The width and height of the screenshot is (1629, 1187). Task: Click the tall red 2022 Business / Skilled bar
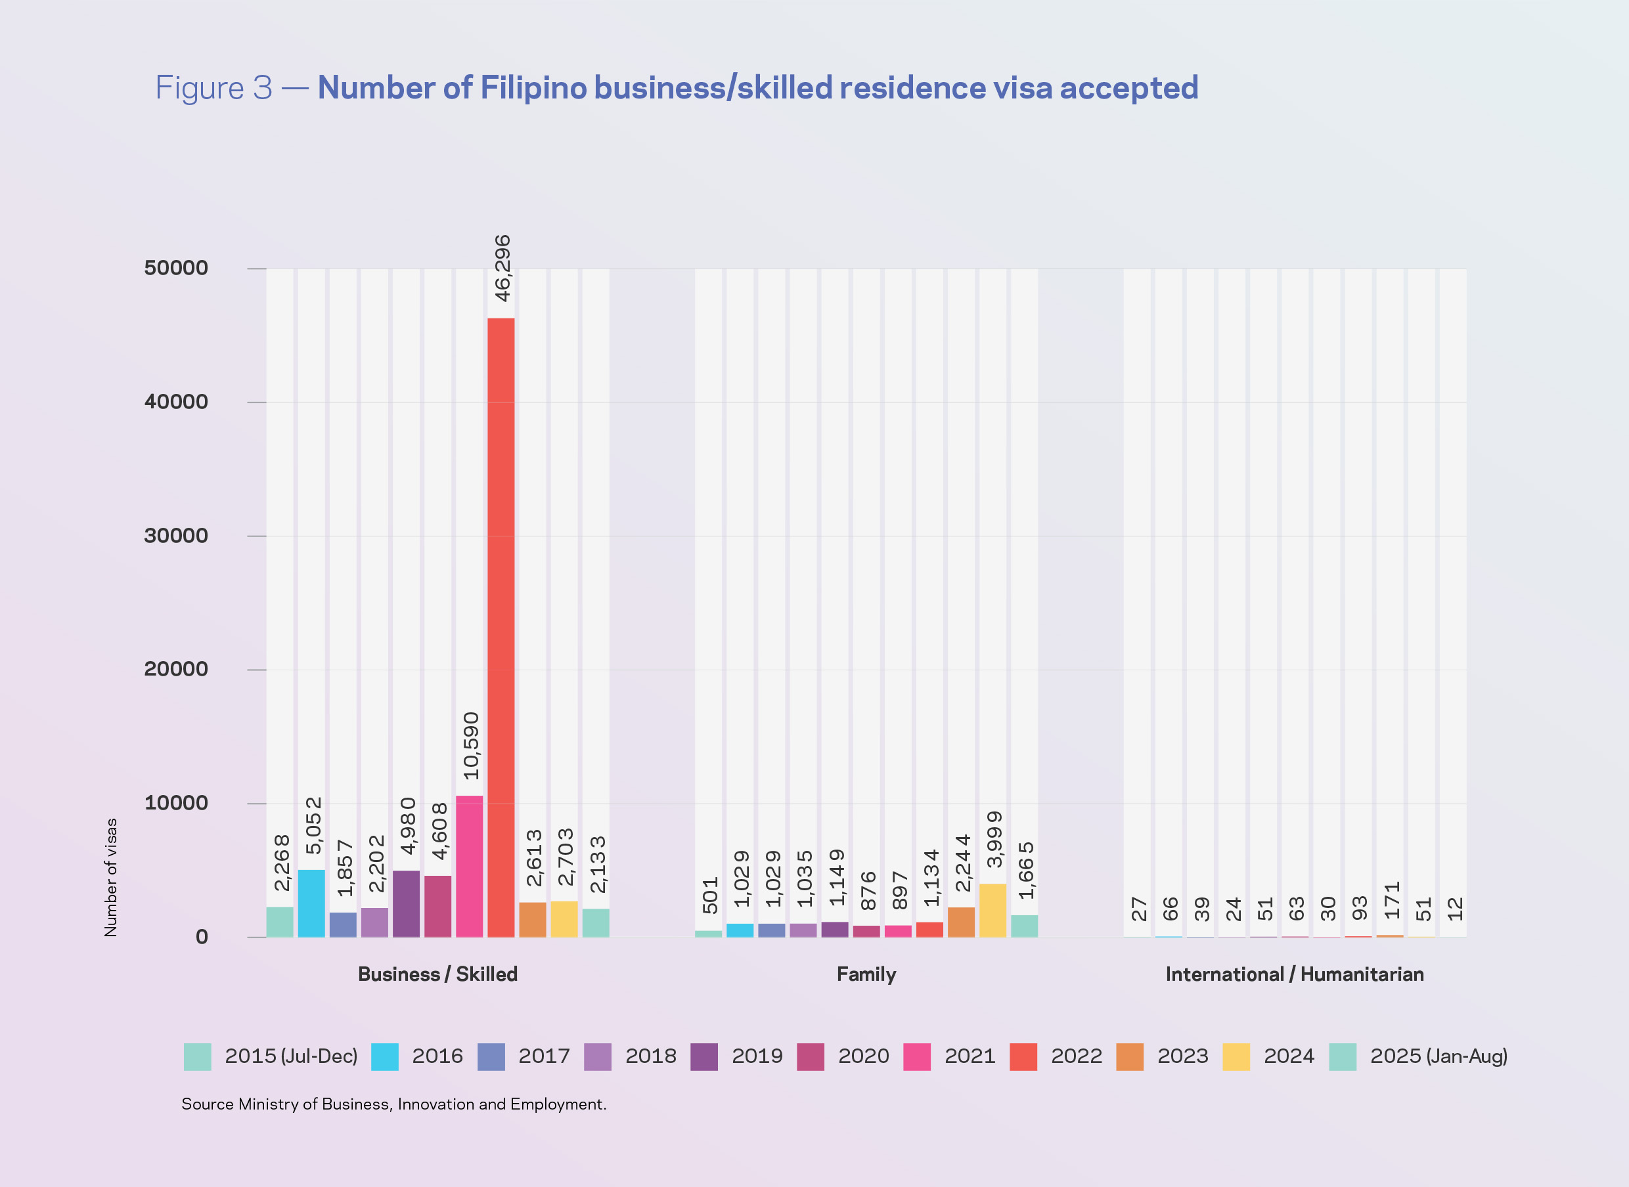pos(501,626)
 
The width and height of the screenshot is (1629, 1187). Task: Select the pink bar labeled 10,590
pos(470,866)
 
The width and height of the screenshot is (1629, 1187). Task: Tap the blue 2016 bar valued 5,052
pos(311,903)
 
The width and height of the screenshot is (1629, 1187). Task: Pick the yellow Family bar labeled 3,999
pos(993,911)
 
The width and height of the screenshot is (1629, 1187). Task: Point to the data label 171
pos(1391,900)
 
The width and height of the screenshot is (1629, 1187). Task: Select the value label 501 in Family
pos(710,896)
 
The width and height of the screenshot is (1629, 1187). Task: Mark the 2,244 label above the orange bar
pos(962,863)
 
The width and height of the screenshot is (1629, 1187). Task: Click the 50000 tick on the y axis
pos(176,268)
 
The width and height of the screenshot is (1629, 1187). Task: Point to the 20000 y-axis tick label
pos(176,669)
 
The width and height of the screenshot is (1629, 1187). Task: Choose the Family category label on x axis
pos(866,974)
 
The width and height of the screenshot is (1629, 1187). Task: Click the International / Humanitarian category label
pos(1294,974)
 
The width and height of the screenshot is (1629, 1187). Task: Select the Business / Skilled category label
pos(438,974)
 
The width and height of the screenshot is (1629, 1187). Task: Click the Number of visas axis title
pos(111,877)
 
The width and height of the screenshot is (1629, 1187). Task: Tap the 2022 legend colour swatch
pos(1023,1057)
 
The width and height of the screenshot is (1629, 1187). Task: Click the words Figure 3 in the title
pos(213,89)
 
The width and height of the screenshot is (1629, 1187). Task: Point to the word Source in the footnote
pos(207,1104)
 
